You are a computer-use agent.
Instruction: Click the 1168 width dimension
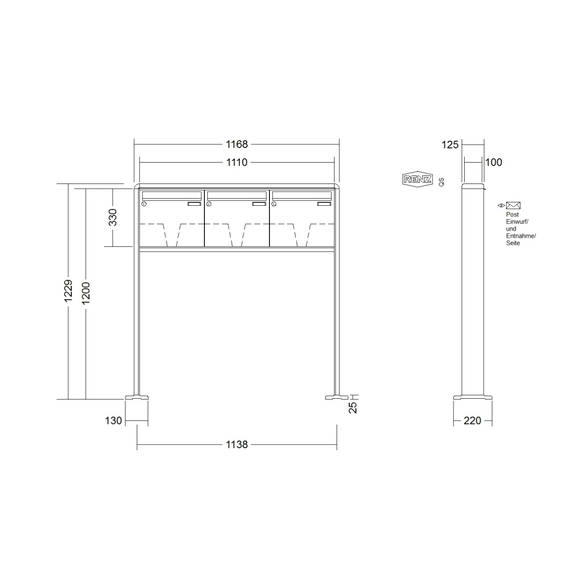[x=237, y=144]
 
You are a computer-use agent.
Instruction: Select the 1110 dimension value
[x=237, y=163]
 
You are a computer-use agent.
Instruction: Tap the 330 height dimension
[x=113, y=217]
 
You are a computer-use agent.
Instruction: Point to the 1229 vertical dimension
[x=68, y=291]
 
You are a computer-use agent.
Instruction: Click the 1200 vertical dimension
[x=86, y=293]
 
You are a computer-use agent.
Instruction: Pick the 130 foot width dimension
[x=114, y=421]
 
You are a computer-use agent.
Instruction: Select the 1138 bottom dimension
[x=237, y=444]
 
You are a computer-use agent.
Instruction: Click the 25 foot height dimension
[x=353, y=407]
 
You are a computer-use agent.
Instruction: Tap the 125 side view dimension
[x=450, y=144]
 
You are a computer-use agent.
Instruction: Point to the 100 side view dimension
[x=494, y=162]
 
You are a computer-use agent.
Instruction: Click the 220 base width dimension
[x=472, y=421]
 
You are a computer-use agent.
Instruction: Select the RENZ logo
[x=417, y=179]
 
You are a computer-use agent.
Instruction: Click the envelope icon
[x=513, y=205]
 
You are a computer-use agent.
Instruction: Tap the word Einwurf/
[x=517, y=221]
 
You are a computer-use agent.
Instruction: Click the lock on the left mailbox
[x=144, y=204]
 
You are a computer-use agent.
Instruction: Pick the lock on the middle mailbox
[x=208, y=204]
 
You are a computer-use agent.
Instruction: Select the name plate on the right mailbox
[x=323, y=204]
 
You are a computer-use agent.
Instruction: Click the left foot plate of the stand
[x=137, y=396]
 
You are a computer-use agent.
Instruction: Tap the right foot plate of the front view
[x=337, y=396]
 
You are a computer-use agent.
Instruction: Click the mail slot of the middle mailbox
[x=237, y=195]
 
